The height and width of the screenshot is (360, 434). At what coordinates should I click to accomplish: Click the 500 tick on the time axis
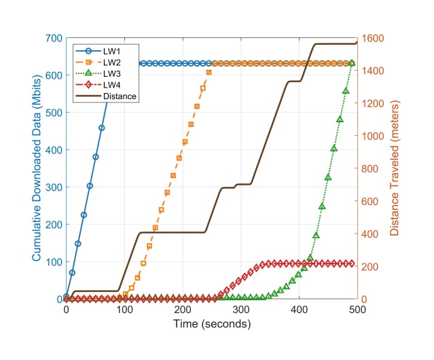click(357, 309)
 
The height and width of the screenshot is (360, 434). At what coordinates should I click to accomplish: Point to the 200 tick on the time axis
click(183, 309)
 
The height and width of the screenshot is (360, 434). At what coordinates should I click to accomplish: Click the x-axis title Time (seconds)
click(211, 324)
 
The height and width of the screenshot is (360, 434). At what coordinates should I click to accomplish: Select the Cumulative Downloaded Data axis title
click(37, 168)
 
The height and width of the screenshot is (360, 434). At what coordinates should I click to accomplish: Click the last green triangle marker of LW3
click(352, 63)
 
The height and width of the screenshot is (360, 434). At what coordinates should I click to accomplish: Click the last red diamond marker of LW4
click(352, 263)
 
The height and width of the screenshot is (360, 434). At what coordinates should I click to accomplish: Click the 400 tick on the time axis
click(299, 309)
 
